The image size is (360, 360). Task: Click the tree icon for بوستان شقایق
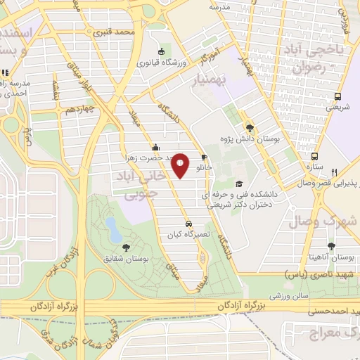point(125,246)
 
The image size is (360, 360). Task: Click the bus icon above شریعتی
point(338,97)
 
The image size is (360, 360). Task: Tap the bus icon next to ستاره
point(315,156)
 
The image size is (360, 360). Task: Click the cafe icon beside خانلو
point(205,157)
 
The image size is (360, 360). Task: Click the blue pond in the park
point(112,226)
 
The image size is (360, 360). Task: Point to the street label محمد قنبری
point(117,32)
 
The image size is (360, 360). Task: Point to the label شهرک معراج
point(333,331)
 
